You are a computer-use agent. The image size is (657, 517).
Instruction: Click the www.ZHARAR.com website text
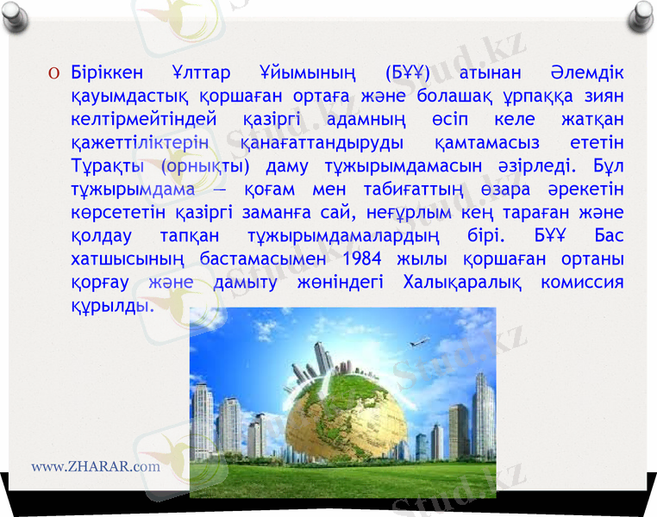[96, 466]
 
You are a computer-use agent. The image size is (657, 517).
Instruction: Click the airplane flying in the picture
[420, 340]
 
